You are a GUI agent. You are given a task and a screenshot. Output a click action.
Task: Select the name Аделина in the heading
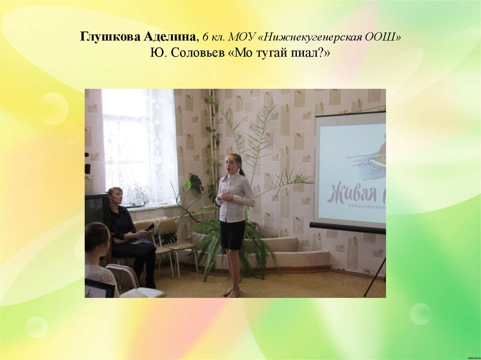[x=168, y=37]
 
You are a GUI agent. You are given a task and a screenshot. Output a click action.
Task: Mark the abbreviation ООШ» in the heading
[x=383, y=37]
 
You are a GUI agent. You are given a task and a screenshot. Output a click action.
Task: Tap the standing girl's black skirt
[x=233, y=234]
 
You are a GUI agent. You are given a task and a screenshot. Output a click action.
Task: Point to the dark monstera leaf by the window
[x=194, y=184]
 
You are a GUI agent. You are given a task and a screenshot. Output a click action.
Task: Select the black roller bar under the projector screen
[x=348, y=228]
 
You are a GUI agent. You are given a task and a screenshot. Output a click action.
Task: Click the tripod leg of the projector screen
[x=375, y=277]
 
